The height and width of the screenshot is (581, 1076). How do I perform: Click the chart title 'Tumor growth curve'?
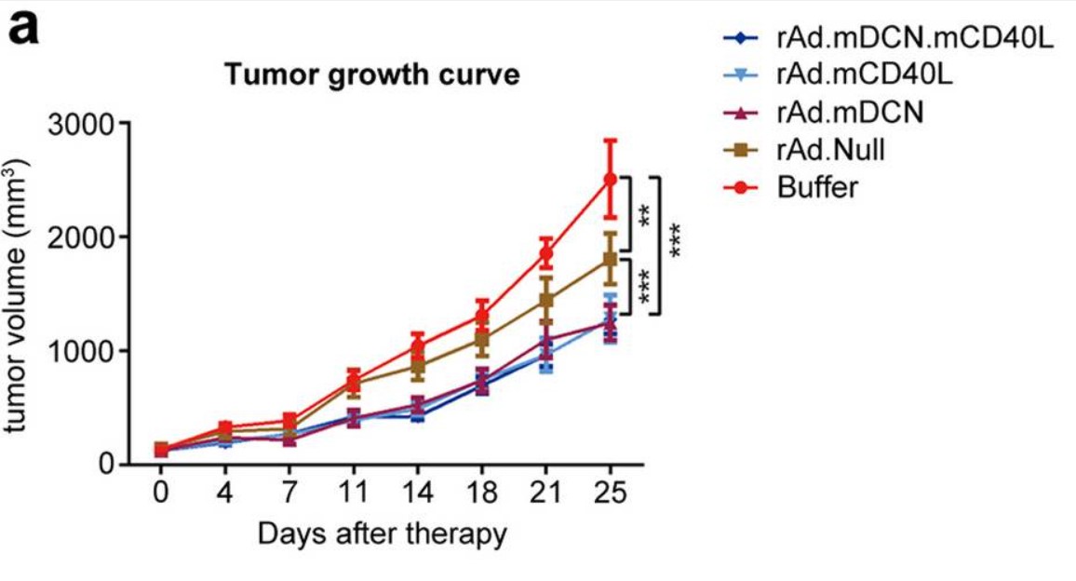(x=372, y=74)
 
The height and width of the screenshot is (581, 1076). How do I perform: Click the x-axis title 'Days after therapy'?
(x=383, y=534)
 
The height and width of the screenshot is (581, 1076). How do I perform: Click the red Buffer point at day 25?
(x=611, y=180)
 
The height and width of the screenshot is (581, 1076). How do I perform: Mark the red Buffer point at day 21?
(x=546, y=253)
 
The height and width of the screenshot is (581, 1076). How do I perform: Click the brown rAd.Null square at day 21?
(x=546, y=300)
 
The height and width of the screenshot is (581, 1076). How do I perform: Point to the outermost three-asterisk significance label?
(x=674, y=242)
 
